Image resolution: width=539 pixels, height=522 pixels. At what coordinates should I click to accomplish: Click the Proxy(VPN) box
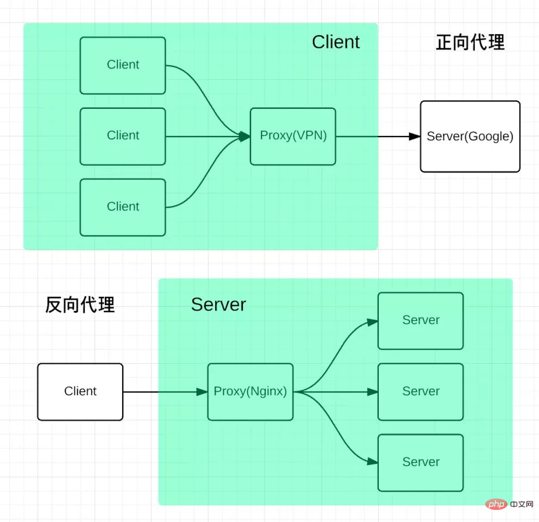[x=293, y=136]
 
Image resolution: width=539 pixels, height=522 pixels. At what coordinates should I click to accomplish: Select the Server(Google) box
[x=470, y=136]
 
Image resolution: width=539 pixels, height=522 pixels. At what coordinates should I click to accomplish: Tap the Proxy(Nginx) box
[x=250, y=392]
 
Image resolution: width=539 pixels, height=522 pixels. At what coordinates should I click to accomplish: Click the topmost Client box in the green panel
[x=123, y=65]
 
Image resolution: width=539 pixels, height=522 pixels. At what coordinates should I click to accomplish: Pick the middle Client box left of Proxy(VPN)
[x=123, y=136]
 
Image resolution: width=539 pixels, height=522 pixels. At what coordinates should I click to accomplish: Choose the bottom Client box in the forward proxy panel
[x=123, y=208]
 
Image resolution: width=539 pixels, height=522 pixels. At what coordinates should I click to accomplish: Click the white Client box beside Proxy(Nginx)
[x=80, y=392]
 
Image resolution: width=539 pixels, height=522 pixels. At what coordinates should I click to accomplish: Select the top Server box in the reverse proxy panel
[x=421, y=321]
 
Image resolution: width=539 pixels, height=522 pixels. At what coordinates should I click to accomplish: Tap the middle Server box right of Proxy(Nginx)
[x=421, y=392]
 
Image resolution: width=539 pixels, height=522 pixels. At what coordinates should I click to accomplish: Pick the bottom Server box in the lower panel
[x=421, y=463]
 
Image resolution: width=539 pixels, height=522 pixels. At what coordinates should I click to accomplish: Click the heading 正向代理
[x=470, y=42]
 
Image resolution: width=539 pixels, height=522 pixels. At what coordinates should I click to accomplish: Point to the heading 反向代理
[x=80, y=305]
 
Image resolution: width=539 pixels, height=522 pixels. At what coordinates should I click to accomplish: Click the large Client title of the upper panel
[x=335, y=42]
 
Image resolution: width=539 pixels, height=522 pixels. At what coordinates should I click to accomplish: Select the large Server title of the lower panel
[x=218, y=304]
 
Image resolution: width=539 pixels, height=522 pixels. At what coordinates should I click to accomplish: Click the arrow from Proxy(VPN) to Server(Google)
[x=378, y=136]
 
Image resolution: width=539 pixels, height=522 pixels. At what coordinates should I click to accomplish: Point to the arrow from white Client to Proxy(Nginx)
[x=165, y=392]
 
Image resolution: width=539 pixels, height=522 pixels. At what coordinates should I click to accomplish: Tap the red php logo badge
[x=496, y=505]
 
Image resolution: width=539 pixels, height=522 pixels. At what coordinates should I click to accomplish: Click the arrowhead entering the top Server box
[x=373, y=322]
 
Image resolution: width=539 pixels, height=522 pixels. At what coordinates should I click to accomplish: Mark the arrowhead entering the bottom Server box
[x=373, y=462]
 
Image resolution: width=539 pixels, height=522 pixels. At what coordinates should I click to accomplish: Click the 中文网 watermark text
[x=522, y=505]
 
